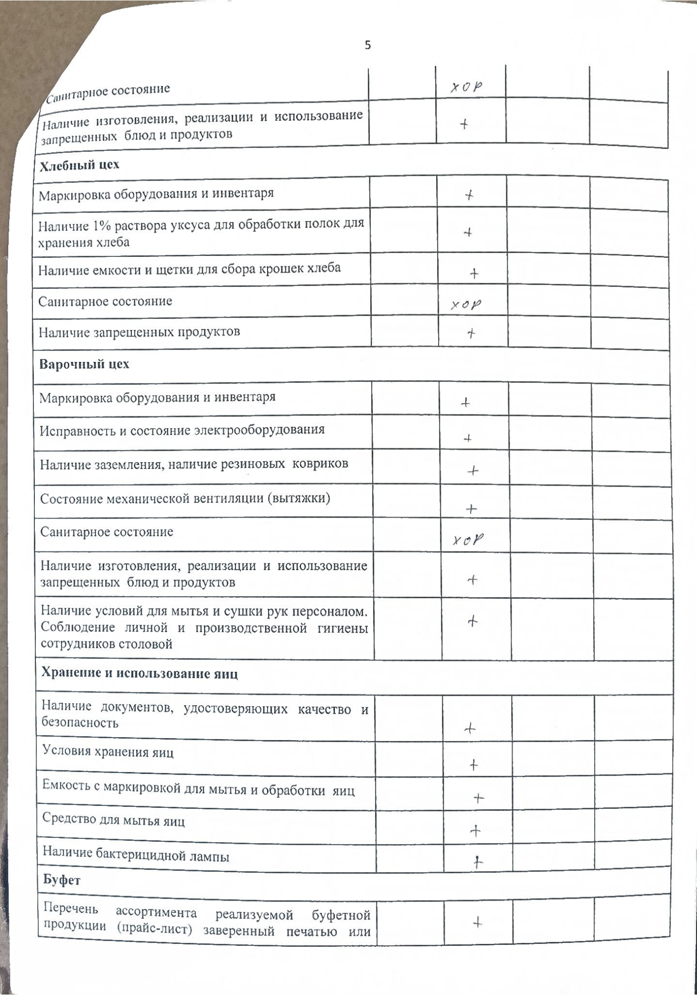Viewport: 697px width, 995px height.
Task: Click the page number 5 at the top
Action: point(367,45)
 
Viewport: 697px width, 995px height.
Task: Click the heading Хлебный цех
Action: point(79,165)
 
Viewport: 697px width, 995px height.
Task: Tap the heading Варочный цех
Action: point(84,364)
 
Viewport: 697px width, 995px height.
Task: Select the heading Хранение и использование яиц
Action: point(139,674)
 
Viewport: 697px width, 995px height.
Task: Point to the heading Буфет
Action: point(62,880)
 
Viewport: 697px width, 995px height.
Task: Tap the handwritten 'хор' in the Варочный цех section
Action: point(468,540)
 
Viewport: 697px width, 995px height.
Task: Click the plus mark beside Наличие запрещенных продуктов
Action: point(471,333)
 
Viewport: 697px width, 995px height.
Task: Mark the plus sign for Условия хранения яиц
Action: point(473,765)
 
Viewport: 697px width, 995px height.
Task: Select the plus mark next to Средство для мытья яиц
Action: point(475,831)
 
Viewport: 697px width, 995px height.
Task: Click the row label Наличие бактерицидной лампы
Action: point(136,856)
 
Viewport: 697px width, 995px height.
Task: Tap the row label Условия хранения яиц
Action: point(108,752)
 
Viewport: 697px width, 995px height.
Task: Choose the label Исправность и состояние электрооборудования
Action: point(182,430)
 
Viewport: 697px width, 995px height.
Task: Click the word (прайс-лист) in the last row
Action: point(161,931)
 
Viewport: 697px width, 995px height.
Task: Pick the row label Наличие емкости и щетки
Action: point(189,269)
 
